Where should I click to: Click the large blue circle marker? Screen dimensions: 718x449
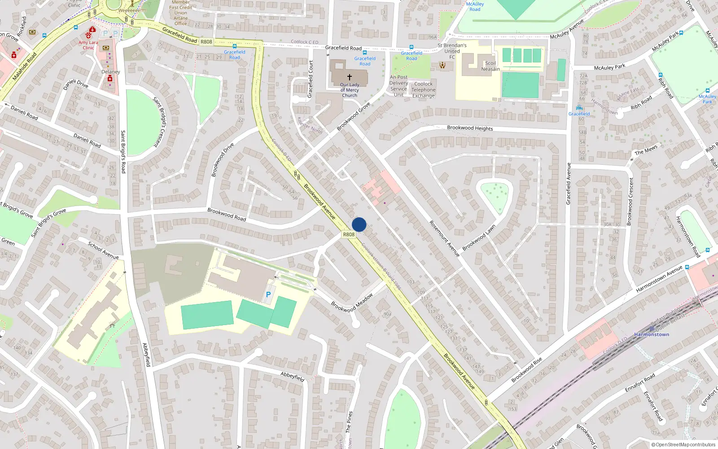tap(359, 224)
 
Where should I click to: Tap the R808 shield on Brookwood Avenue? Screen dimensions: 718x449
tap(349, 234)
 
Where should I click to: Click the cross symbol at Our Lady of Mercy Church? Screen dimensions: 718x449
tap(350, 77)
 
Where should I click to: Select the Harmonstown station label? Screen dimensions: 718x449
tap(652, 335)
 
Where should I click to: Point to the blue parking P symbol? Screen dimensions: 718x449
tap(268, 295)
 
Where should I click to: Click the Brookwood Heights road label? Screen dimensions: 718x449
tap(470, 128)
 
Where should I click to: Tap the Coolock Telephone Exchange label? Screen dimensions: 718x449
tap(424, 90)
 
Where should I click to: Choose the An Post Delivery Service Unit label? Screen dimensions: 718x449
tap(398, 86)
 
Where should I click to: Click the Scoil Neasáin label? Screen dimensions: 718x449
tap(490, 66)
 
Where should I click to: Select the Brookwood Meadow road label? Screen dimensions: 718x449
tap(352, 303)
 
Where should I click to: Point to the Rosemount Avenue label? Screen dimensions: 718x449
tap(444, 238)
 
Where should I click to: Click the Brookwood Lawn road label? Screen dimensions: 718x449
tap(479, 238)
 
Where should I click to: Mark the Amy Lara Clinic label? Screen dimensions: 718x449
tap(88, 45)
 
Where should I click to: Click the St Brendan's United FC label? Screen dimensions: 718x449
tap(452, 51)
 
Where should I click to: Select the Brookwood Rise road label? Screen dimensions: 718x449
tap(527, 370)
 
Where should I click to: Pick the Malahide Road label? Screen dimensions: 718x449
tap(25, 66)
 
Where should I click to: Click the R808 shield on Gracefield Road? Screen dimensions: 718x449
tap(206, 42)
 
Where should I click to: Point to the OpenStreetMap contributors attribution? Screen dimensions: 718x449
tap(683, 445)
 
